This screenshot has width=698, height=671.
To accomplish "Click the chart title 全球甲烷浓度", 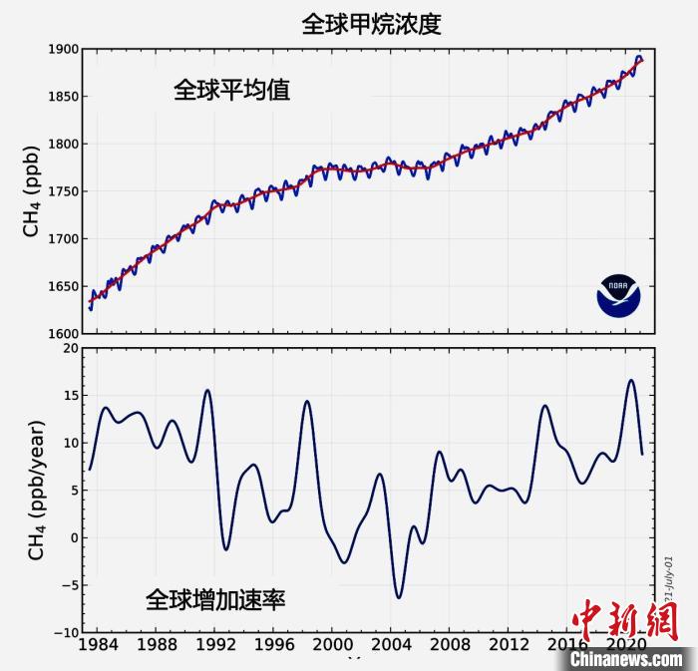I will (371, 24).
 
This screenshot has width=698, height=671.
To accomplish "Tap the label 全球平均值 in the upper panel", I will (231, 91).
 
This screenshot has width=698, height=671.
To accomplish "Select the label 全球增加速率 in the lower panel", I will (215, 599).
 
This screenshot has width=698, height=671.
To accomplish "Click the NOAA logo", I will (619, 294).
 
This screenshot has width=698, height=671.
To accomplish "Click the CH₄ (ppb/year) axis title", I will (36, 490).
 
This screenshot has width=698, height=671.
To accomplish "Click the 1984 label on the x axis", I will (98, 646).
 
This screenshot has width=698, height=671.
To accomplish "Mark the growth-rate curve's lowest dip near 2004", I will (399, 597).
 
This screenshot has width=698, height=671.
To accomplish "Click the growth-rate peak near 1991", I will (207, 390).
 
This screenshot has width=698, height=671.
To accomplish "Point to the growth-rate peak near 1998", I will (307, 401).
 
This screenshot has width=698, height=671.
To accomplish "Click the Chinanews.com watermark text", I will (627, 659).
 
